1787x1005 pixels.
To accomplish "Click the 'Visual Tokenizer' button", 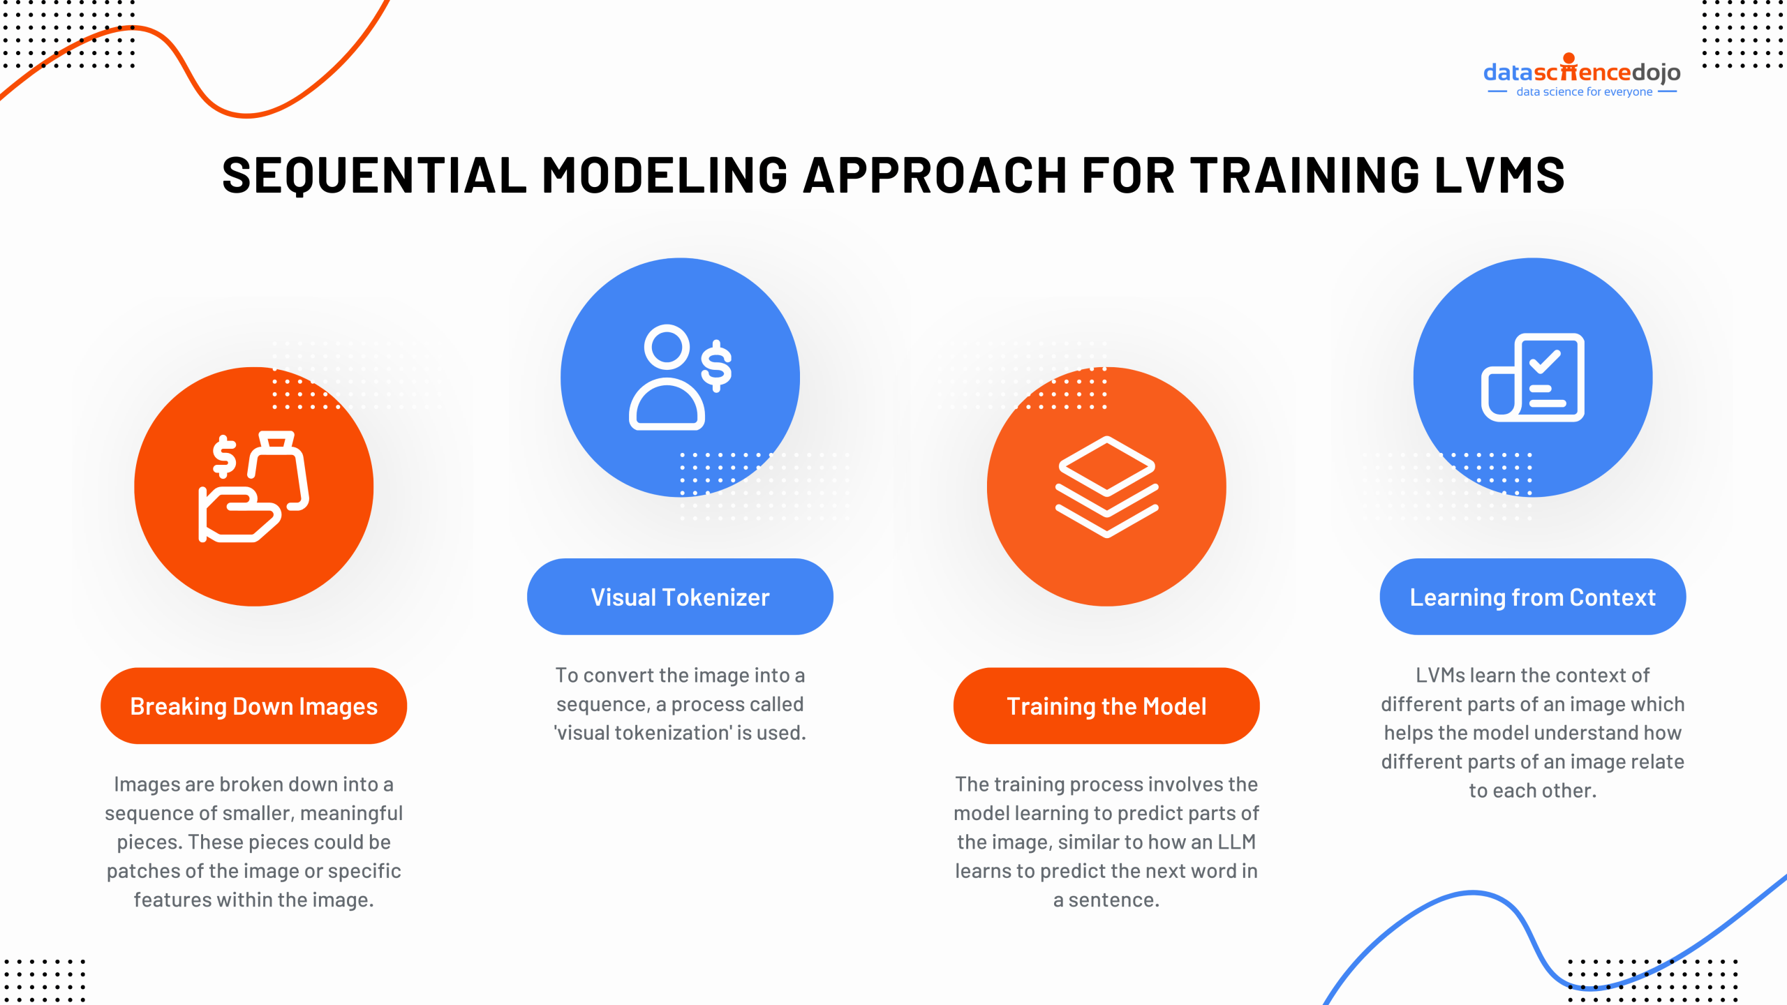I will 680,597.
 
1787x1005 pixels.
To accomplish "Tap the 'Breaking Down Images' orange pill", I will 253,706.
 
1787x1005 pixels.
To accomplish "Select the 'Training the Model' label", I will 1106,706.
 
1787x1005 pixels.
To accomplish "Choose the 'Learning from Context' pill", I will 1532,597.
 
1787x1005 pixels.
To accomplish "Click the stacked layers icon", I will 1106,486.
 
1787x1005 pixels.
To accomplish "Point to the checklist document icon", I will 1533,378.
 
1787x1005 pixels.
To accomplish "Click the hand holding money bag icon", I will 253,486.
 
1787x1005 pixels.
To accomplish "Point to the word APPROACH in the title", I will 935,175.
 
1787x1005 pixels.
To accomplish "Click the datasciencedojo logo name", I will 1582,72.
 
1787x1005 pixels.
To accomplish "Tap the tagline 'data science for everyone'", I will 1584,92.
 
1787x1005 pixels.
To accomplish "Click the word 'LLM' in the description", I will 1236,842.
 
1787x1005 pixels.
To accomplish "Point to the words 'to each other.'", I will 1532,791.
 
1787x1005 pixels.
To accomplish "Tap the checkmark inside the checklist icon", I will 1544,362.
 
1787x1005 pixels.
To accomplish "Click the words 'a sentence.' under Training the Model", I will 1106,900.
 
